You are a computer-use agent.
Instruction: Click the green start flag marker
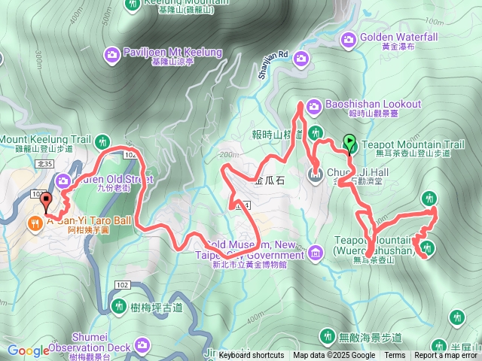349,141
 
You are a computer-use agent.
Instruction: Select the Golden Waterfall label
398,37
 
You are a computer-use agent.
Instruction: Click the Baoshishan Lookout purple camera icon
313,105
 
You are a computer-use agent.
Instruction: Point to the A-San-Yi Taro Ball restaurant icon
35,222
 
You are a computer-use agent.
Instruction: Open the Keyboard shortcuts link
252,356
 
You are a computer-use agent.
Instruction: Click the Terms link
394,356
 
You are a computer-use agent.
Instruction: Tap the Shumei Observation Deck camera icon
142,346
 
